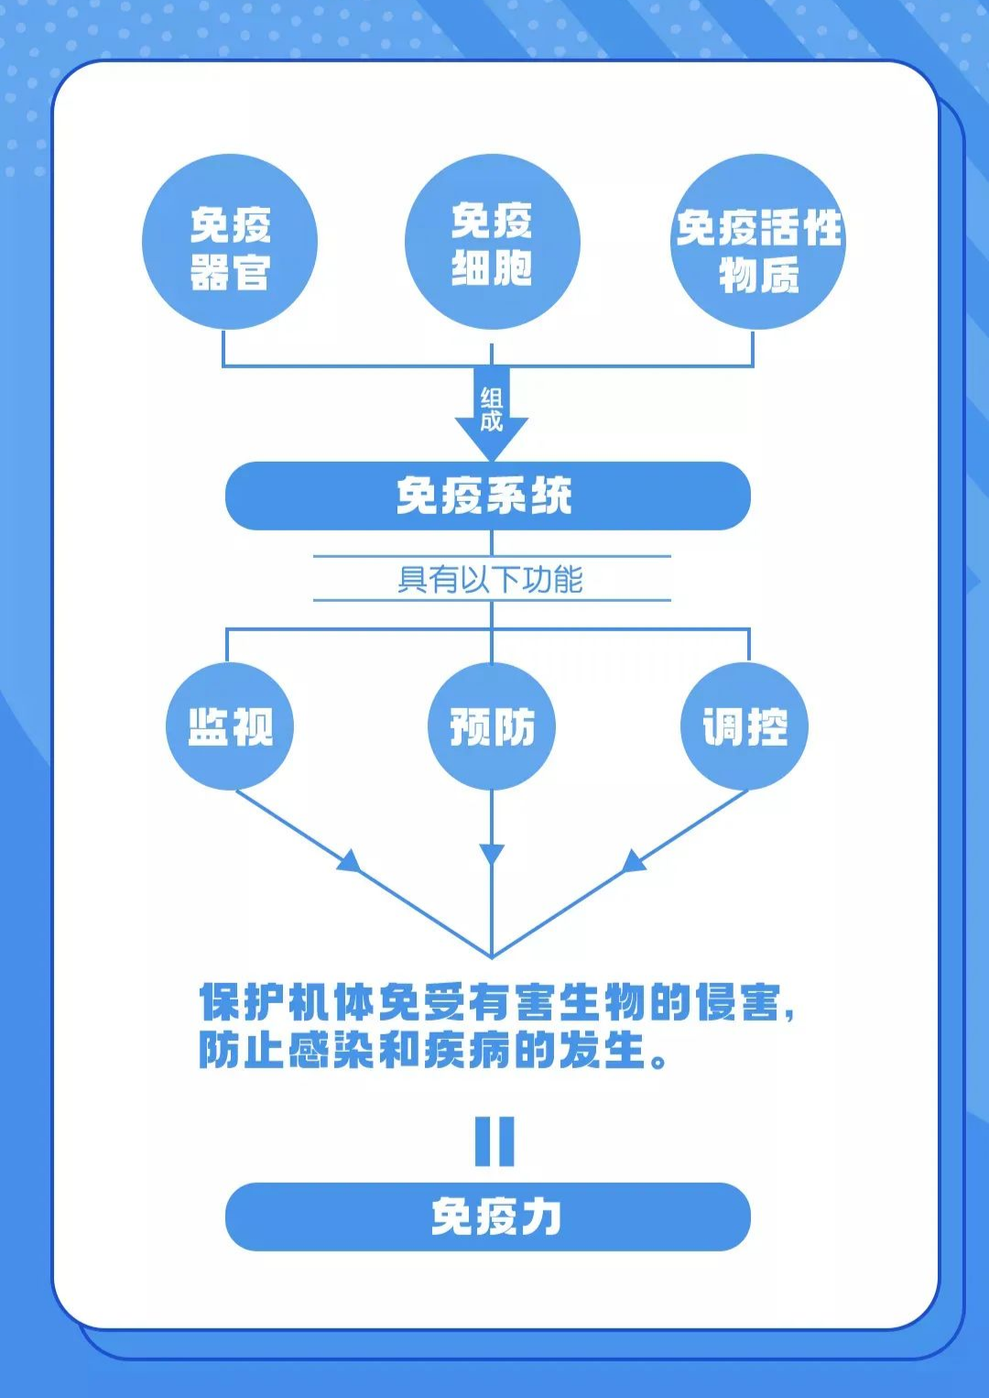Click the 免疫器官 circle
pos(229,243)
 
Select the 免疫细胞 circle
pos(492,242)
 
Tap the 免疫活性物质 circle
pos(757,243)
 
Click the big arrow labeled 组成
pos(492,412)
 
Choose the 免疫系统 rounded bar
pos(487,496)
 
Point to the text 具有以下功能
pos(491,579)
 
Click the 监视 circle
pos(229,726)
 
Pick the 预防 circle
pos(492,726)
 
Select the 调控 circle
pos(744,726)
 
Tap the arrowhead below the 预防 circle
pos(492,854)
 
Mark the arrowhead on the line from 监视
pos(349,861)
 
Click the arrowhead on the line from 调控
pos(634,861)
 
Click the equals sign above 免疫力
pos(494,1141)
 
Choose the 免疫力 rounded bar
pos(487,1217)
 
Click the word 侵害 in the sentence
pos(738,1002)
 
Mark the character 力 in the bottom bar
pos(540,1217)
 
